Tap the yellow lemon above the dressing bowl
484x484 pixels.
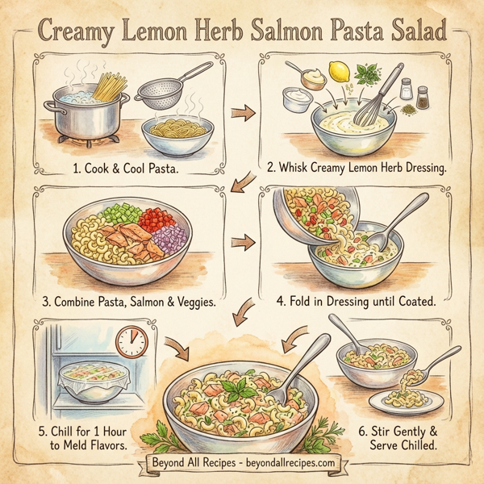pos(339,77)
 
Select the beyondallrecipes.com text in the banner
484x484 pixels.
pos(293,463)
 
